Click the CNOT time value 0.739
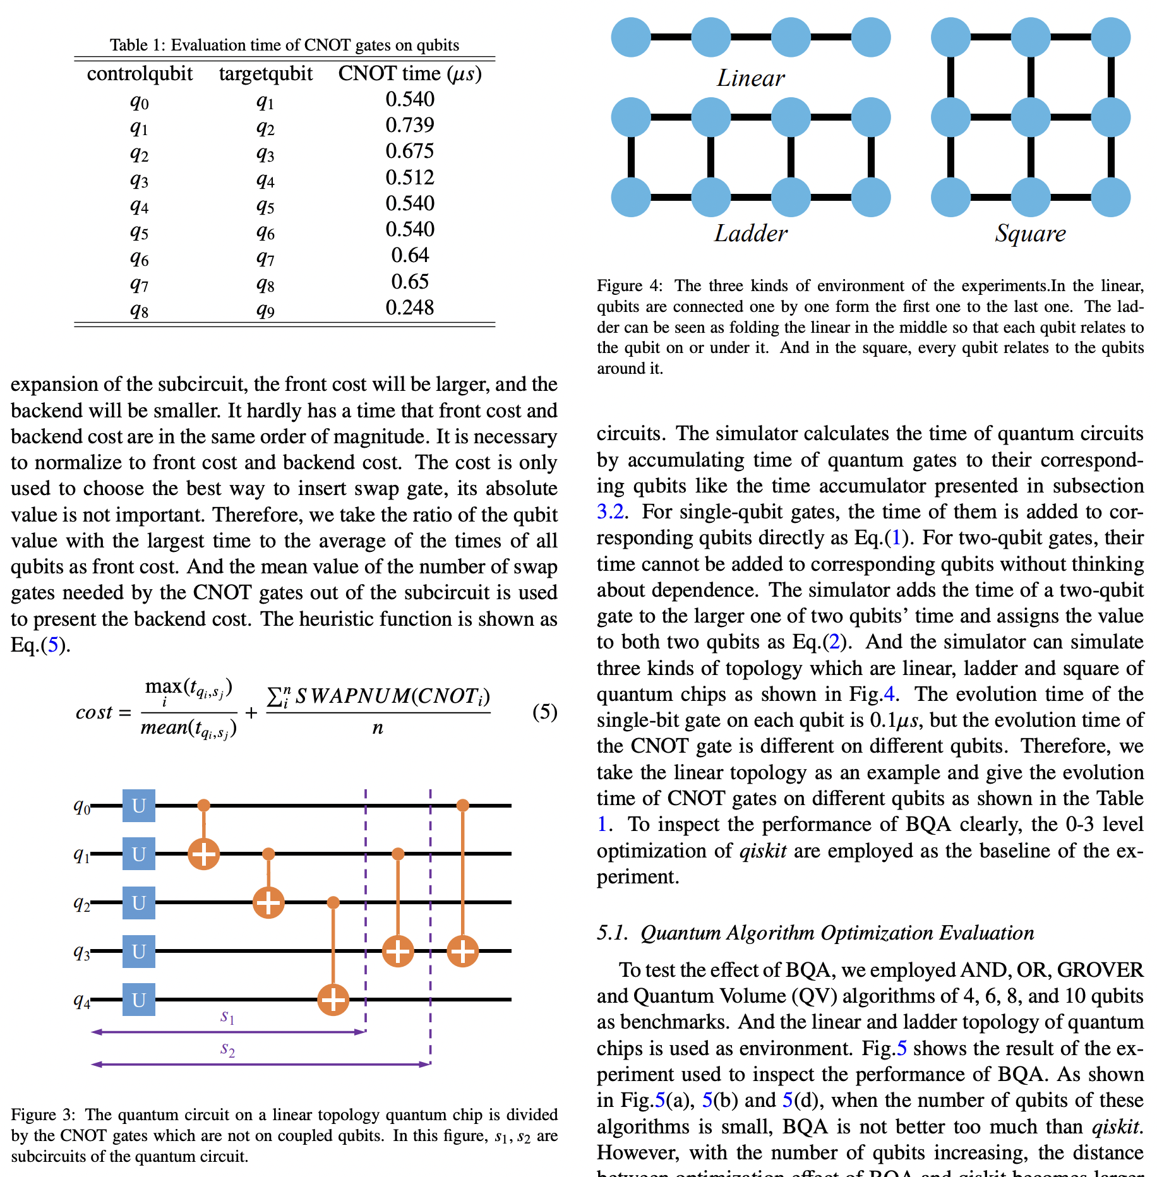click(410, 125)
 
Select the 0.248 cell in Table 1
click(410, 308)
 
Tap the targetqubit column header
click(265, 74)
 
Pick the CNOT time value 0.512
click(410, 177)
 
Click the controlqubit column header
click(140, 74)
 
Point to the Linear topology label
click(750, 78)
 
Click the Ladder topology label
click(750, 234)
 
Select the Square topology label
click(1030, 234)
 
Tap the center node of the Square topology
click(1031, 117)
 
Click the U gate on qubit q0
click(139, 806)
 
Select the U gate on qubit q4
click(139, 1000)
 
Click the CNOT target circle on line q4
click(333, 1000)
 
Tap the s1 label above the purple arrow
click(227, 1017)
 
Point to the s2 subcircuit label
click(227, 1049)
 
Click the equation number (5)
click(544, 712)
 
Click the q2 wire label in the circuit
click(81, 903)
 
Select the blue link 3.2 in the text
click(610, 512)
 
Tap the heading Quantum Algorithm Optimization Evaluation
click(837, 933)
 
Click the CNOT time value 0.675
click(410, 151)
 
